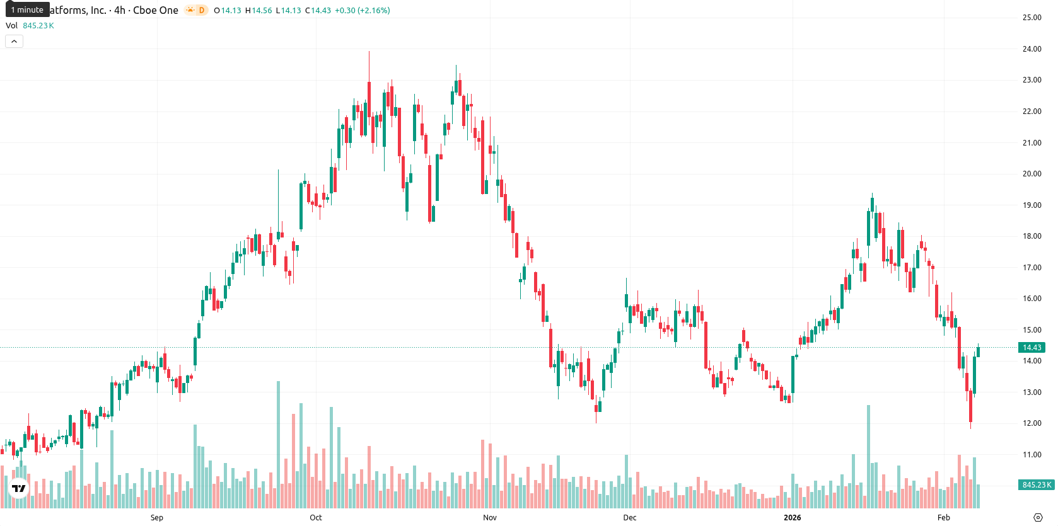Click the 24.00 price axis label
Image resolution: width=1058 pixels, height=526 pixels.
click(1032, 49)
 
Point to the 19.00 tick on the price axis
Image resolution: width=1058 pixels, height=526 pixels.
click(1032, 205)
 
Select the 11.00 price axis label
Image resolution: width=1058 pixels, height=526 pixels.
click(1032, 455)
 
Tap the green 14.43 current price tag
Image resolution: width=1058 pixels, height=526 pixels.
click(1032, 348)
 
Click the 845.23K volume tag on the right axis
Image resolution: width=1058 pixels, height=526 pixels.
click(1037, 485)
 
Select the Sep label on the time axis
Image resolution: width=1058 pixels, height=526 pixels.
click(157, 518)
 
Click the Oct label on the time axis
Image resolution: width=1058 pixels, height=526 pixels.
click(315, 518)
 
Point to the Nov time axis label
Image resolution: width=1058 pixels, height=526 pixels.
click(490, 518)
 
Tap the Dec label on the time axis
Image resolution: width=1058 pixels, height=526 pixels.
click(630, 518)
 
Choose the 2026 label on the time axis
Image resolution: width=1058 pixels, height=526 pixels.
click(793, 518)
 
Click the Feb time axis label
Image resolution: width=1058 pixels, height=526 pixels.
click(944, 518)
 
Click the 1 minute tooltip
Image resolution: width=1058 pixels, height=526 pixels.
click(27, 9)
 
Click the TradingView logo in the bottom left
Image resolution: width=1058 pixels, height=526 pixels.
click(19, 488)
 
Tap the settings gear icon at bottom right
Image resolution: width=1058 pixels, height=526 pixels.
click(1038, 518)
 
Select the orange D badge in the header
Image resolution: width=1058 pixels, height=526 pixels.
click(202, 10)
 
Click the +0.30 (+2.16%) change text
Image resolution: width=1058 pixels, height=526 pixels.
click(363, 10)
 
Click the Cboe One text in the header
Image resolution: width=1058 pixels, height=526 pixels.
click(155, 10)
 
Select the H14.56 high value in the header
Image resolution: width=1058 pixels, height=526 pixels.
click(259, 10)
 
